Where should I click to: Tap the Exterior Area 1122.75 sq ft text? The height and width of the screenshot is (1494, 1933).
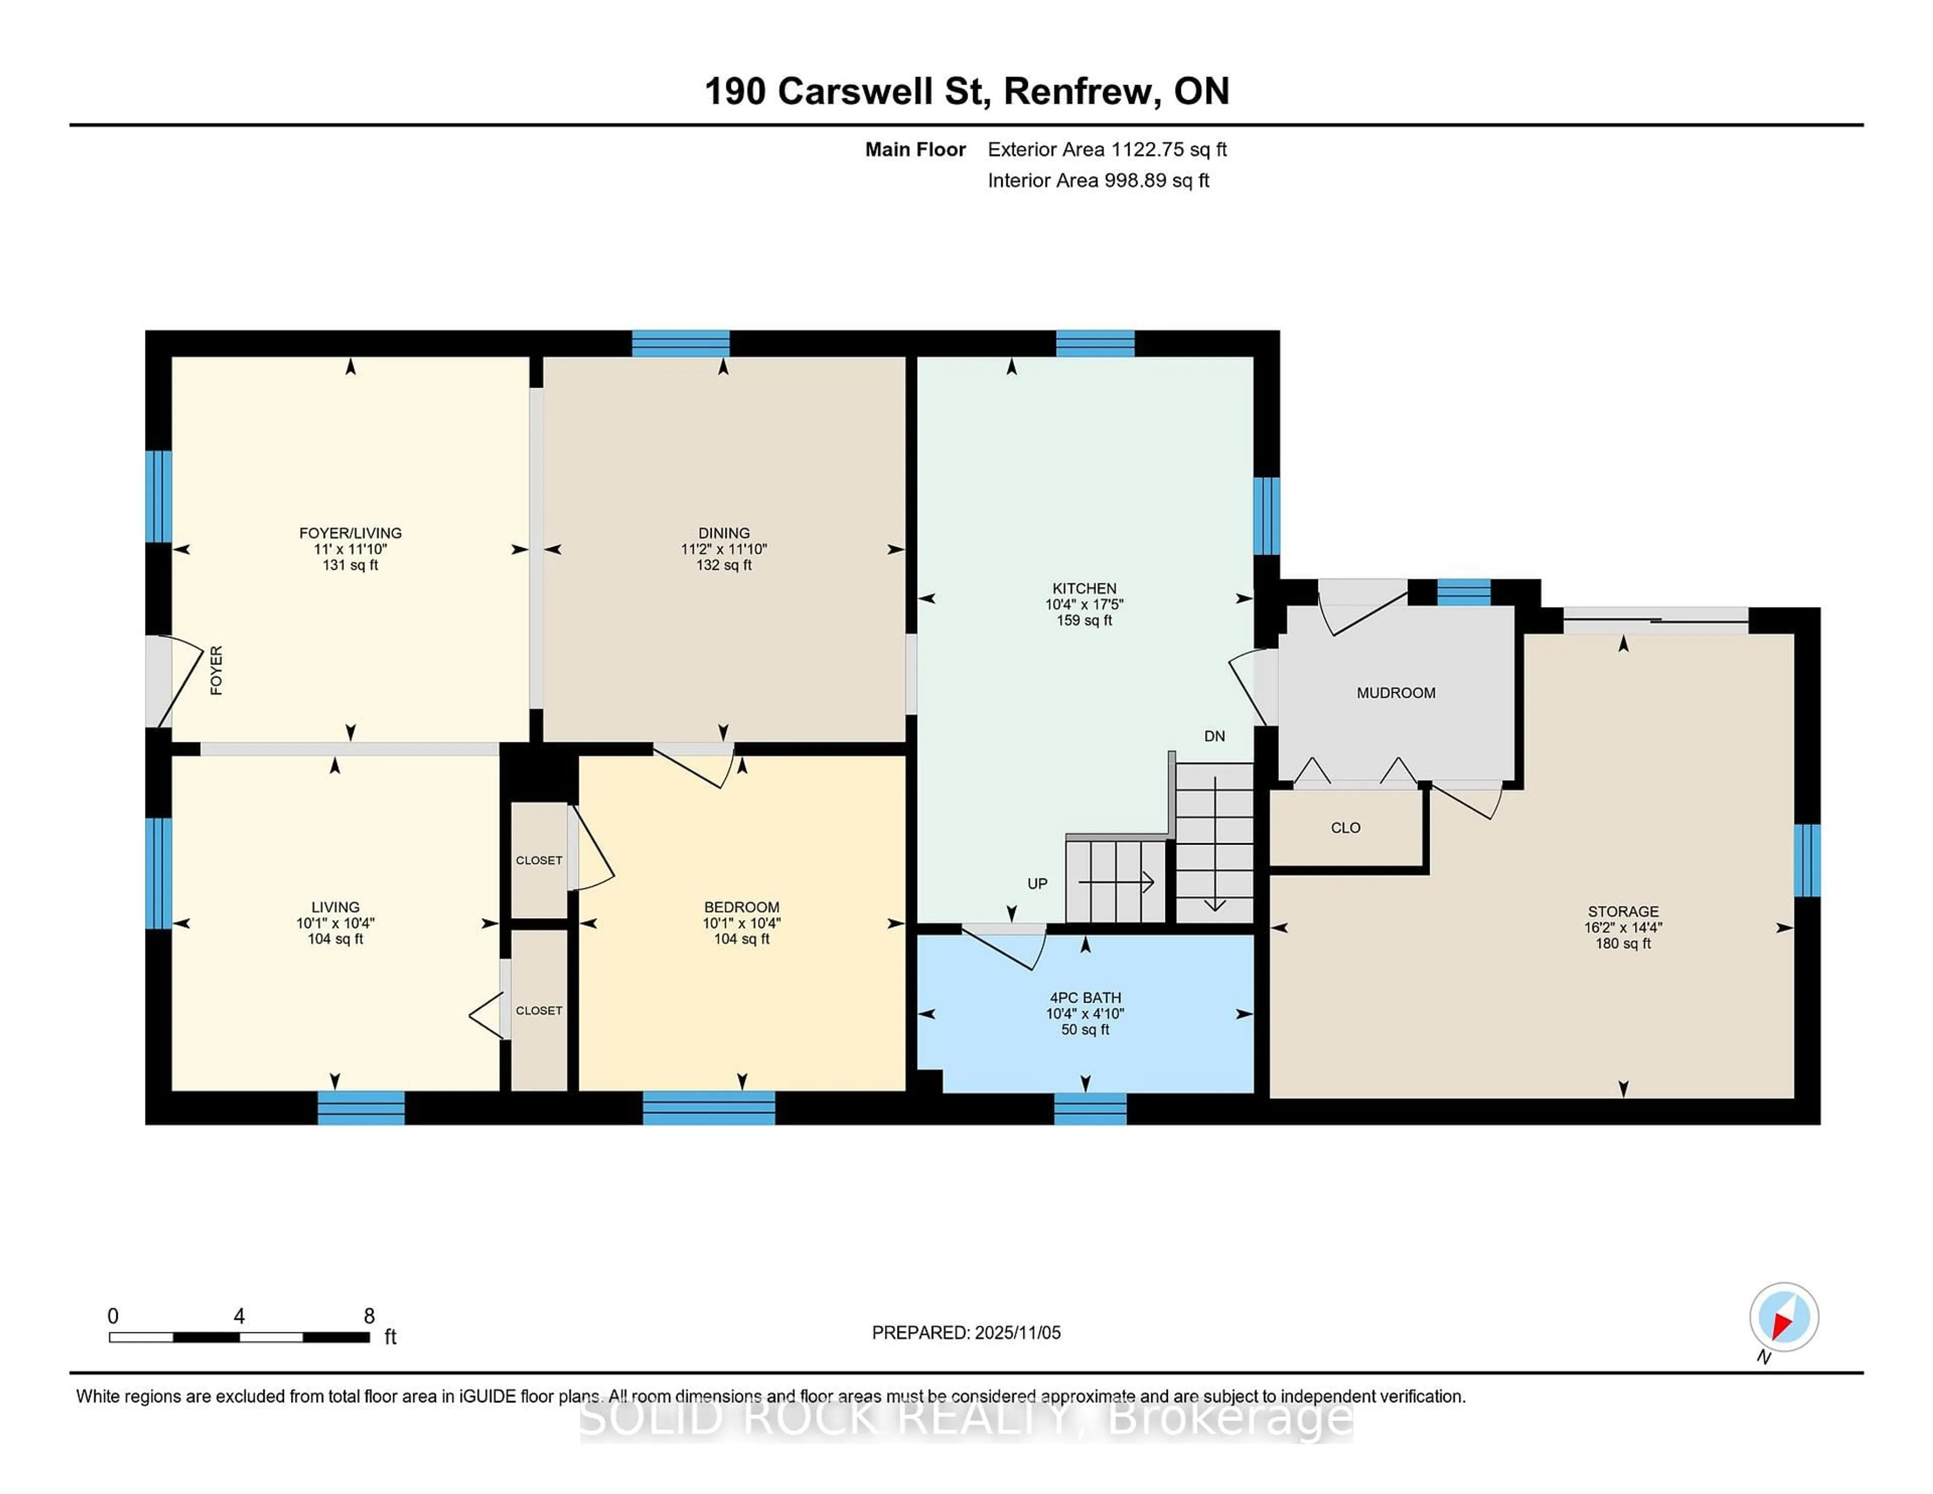pos(1106,150)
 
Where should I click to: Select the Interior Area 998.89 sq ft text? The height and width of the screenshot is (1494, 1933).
pos(1097,181)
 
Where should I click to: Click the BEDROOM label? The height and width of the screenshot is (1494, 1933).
pos(741,907)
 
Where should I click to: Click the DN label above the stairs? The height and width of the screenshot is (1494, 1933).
pos(1214,736)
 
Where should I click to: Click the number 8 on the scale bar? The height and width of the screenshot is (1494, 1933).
pos(369,1316)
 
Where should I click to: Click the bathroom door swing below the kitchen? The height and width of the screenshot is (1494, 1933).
pos(1005,946)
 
